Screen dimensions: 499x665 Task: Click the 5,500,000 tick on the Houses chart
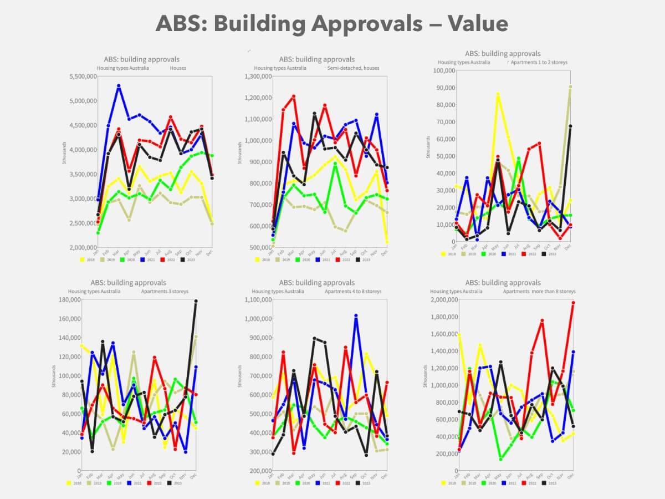tap(85, 77)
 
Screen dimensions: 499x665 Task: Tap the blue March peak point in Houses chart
tap(119, 86)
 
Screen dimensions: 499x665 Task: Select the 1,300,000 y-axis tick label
tap(258, 77)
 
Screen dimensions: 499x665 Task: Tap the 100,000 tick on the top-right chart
tap(436, 70)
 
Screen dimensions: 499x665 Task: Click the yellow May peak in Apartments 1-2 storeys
tap(498, 94)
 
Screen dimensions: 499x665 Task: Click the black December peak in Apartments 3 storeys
tap(196, 301)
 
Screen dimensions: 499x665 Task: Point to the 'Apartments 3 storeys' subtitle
tap(163, 291)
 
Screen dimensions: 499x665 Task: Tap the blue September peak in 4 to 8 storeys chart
tap(356, 315)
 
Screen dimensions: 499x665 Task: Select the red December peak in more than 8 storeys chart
tap(573, 303)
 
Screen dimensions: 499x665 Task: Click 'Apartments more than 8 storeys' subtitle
tap(539, 291)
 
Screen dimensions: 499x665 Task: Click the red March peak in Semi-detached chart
tap(294, 96)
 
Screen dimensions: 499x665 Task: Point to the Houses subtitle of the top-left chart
tap(178, 68)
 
